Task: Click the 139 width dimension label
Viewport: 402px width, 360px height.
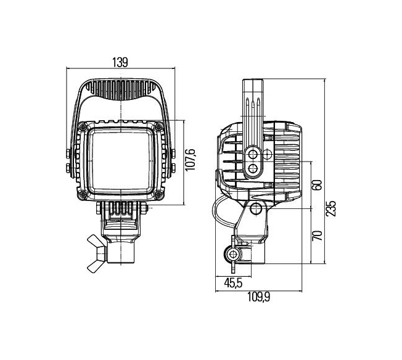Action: [x=120, y=62]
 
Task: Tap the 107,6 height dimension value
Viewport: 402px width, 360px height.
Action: [x=191, y=160]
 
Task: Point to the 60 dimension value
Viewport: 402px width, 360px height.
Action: [x=317, y=184]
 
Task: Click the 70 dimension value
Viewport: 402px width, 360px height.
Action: [x=317, y=235]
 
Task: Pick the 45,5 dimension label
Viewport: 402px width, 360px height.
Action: [x=233, y=283]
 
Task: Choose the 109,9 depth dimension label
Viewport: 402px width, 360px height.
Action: [x=258, y=298]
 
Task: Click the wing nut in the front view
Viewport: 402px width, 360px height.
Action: [x=97, y=253]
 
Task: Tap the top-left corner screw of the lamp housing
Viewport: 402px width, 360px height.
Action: [x=83, y=126]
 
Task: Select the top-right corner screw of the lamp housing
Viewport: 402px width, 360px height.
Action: [x=158, y=126]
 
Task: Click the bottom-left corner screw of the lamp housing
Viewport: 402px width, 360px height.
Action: [x=82, y=195]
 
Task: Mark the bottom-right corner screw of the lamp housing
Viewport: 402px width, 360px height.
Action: [x=158, y=195]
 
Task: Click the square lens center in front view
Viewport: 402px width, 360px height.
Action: [x=120, y=161]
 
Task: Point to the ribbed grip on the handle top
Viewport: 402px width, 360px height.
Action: [x=121, y=90]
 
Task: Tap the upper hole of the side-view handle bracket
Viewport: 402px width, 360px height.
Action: [x=253, y=154]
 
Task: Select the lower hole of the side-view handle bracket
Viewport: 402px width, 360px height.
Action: [x=253, y=168]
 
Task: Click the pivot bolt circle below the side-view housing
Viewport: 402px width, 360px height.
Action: [x=256, y=208]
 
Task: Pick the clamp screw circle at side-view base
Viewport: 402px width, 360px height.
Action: [x=233, y=255]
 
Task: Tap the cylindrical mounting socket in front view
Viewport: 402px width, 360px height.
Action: [x=121, y=252]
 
